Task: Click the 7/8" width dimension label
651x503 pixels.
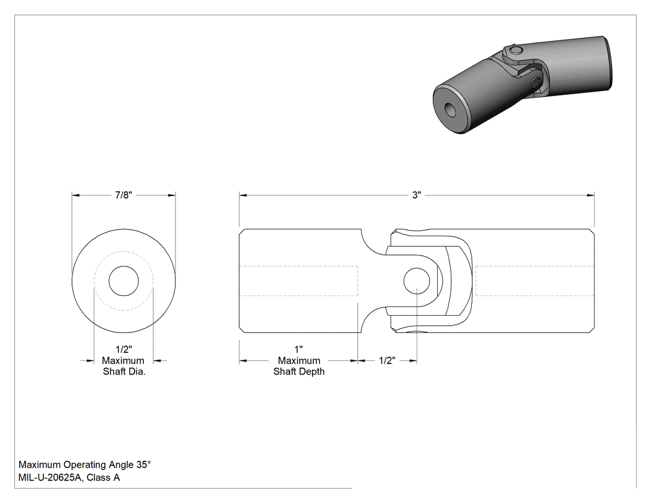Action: pyautogui.click(x=123, y=195)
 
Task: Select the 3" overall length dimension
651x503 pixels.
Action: pyautogui.click(x=417, y=195)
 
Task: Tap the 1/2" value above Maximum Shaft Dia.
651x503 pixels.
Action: pyautogui.click(x=124, y=350)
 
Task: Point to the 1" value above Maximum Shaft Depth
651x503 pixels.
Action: pyautogui.click(x=298, y=350)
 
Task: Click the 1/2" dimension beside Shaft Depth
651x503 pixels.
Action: pyautogui.click(x=387, y=360)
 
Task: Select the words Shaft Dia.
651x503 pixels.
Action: pyautogui.click(x=124, y=372)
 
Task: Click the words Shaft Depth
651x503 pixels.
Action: pyautogui.click(x=299, y=372)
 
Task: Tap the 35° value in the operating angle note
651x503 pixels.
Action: pyautogui.click(x=144, y=465)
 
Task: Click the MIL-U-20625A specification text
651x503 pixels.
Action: pyautogui.click(x=51, y=478)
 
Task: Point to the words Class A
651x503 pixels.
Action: pyautogui.click(x=104, y=478)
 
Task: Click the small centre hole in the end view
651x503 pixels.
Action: pyautogui.click(x=124, y=281)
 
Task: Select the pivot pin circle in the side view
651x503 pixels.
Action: pyautogui.click(x=417, y=281)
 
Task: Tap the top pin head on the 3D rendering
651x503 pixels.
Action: pyautogui.click(x=515, y=51)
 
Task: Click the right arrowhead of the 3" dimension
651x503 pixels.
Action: pyautogui.click(x=590, y=195)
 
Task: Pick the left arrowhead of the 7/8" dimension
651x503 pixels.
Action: pyautogui.click(x=76, y=195)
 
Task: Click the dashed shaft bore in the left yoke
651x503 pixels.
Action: pyautogui.click(x=299, y=281)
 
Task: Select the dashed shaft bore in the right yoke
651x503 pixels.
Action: pyautogui.click(x=534, y=281)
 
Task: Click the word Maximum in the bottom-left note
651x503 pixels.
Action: pyautogui.click(x=40, y=465)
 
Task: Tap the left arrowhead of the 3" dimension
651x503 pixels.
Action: pyautogui.click(x=243, y=195)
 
